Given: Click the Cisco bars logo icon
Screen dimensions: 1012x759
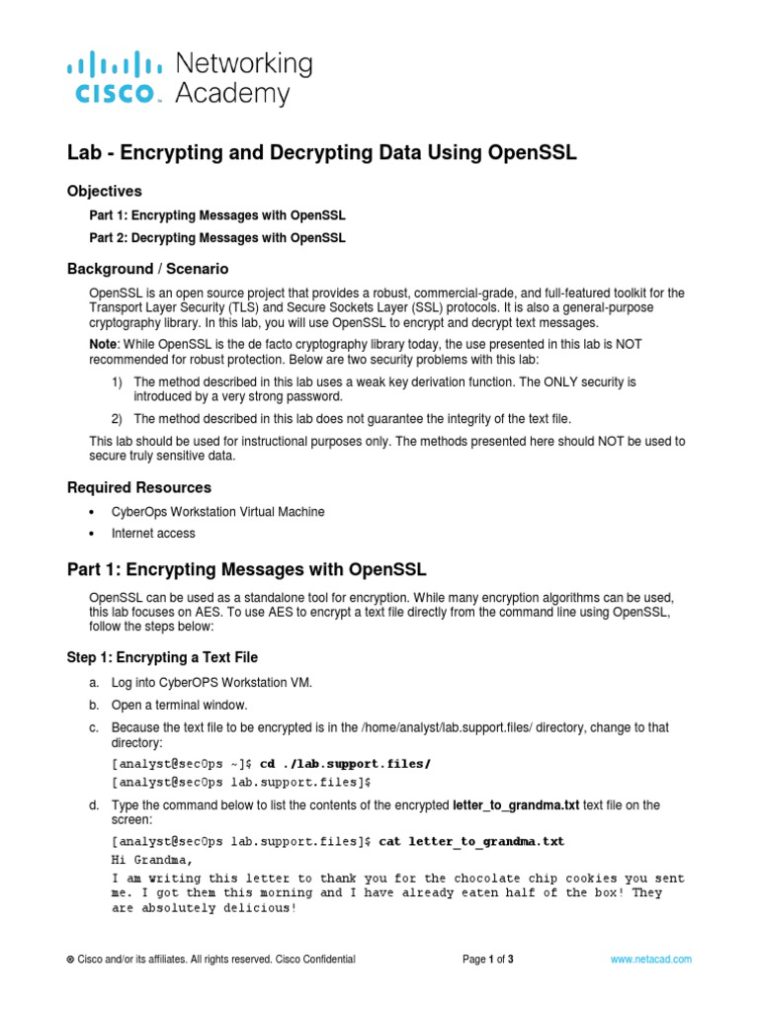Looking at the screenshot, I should click(x=115, y=66).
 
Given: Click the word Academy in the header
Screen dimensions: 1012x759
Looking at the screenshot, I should click(x=232, y=94).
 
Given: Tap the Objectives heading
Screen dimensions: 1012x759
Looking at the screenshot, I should click(x=104, y=191).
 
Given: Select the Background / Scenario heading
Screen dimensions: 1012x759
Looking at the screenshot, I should click(x=147, y=269).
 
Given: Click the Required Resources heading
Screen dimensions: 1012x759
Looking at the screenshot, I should click(x=138, y=487).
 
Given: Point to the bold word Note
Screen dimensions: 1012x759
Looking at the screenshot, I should click(x=105, y=341).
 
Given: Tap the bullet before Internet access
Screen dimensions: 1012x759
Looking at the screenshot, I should click(x=92, y=534).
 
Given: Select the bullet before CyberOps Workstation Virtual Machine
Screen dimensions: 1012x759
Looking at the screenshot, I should click(x=92, y=512).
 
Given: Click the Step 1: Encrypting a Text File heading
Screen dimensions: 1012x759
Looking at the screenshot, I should click(x=162, y=657).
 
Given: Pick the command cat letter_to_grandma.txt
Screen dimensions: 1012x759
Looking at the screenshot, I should click(x=471, y=841).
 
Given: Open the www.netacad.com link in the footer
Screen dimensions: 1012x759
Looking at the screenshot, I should click(x=650, y=959).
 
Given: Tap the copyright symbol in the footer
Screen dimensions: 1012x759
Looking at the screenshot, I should click(x=70, y=960).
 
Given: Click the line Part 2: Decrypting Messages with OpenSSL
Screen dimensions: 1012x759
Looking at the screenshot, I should click(x=217, y=238).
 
